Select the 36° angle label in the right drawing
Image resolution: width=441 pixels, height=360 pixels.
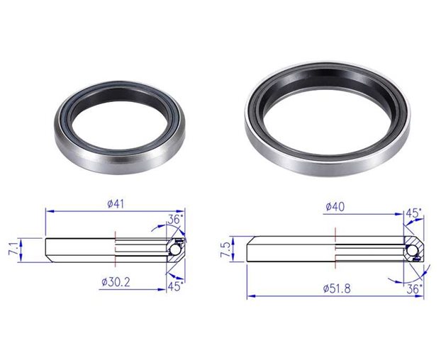click(414, 288)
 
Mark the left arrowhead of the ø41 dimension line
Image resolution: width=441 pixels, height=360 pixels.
click(48, 210)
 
